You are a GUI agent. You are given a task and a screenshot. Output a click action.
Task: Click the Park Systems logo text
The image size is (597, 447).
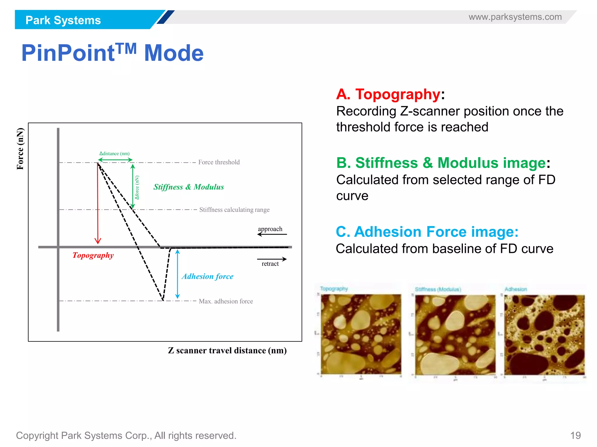[x=63, y=20]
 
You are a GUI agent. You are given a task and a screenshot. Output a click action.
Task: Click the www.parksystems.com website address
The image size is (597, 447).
[x=515, y=17]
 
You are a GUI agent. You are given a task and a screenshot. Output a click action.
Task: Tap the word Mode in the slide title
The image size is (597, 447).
[x=174, y=53]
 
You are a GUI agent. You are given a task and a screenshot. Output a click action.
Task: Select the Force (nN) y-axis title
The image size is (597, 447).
[x=20, y=149]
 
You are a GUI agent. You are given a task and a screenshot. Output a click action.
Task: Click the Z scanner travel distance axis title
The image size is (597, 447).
[x=227, y=350]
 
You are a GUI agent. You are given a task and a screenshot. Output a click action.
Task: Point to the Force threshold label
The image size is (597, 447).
[x=219, y=162]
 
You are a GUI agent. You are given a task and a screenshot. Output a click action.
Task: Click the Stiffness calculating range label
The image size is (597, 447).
[x=234, y=210]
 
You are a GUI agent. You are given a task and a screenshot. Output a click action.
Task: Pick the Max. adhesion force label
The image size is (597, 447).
[x=226, y=301]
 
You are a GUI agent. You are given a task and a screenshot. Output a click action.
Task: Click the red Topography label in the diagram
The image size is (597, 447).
[x=93, y=255]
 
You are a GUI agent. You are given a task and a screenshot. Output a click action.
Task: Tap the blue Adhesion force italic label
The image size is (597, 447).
[x=208, y=276]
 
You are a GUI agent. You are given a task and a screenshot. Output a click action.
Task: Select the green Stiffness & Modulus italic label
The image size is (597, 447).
[x=189, y=187]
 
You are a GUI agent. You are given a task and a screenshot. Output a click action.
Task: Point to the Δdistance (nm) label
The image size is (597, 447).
[x=115, y=153]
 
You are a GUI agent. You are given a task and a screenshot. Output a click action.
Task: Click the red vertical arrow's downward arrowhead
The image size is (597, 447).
[x=98, y=241]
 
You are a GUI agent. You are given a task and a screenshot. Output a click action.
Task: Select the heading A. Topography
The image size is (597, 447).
[x=388, y=94]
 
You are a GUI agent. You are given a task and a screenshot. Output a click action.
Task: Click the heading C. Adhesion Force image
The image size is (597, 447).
[x=427, y=232]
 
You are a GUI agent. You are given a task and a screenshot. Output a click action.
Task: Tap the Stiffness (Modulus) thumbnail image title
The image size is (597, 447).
[x=438, y=289]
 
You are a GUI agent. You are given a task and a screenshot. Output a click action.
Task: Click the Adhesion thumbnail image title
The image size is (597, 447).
[x=516, y=289]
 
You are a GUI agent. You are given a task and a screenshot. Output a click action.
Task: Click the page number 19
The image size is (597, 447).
[x=575, y=435]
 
